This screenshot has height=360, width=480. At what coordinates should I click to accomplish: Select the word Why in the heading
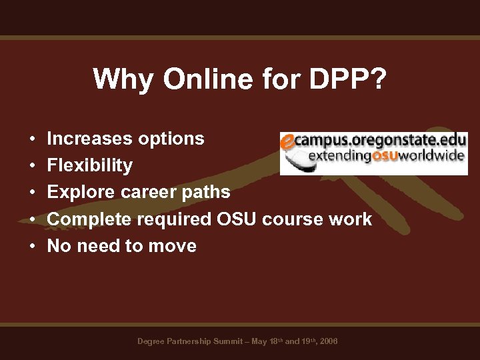(118, 79)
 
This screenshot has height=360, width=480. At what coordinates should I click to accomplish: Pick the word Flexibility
(90, 165)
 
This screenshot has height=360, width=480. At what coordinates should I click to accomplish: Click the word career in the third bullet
(140, 192)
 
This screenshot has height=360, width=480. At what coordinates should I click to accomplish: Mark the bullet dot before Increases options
(32, 139)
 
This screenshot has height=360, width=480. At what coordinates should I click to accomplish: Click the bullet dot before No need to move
(32, 247)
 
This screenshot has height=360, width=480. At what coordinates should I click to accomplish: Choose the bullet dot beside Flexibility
(32, 166)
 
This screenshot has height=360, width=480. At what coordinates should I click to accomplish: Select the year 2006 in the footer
(329, 341)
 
